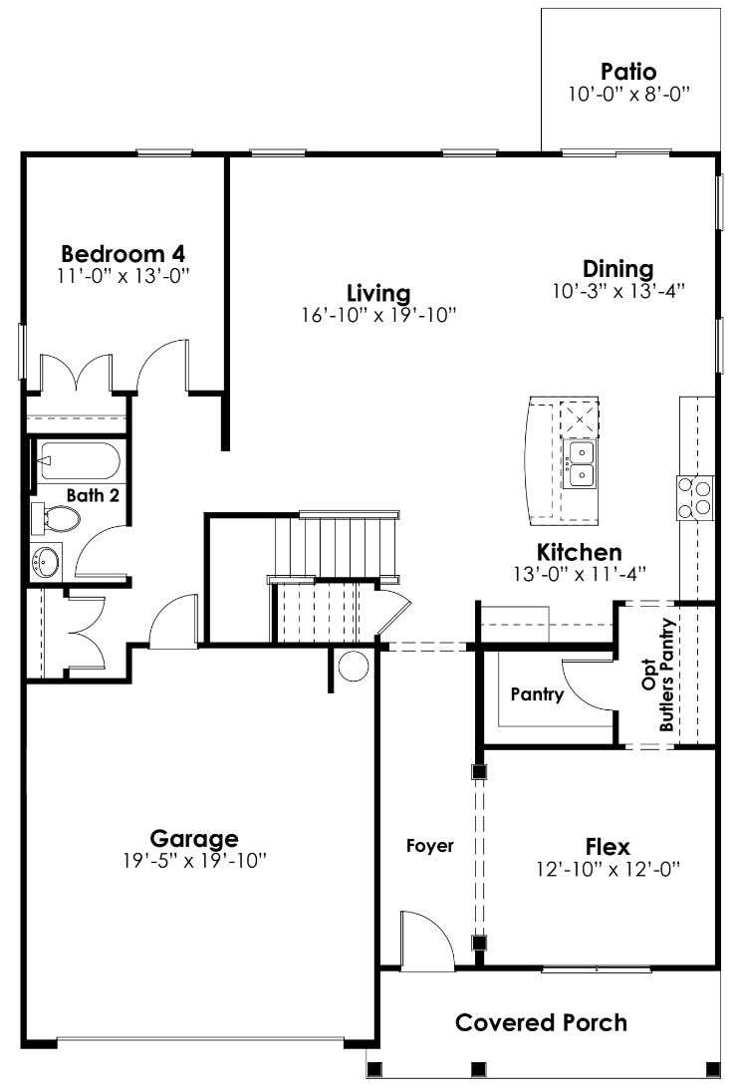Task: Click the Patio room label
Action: (x=628, y=72)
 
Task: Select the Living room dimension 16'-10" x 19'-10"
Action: (x=378, y=315)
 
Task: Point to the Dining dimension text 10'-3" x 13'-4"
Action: (x=617, y=291)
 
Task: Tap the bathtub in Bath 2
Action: (x=78, y=463)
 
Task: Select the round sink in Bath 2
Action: (x=46, y=563)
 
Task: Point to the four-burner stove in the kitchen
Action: (x=695, y=496)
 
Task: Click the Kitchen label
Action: (x=580, y=552)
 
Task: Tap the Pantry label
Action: (x=537, y=694)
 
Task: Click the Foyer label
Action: (x=430, y=846)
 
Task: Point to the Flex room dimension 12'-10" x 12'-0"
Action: (x=608, y=869)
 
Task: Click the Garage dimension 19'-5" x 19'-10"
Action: (x=194, y=859)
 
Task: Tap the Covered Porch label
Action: (x=542, y=1022)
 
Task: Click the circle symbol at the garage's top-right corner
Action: (x=352, y=665)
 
